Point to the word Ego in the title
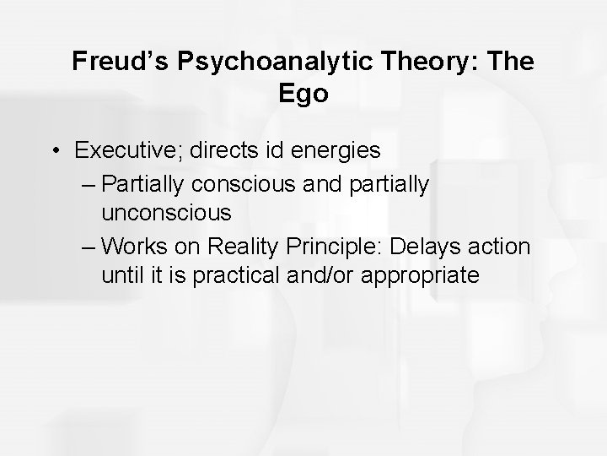pyautogui.click(x=303, y=93)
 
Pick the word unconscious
pyautogui.click(x=166, y=214)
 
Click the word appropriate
pyautogui.click(x=419, y=277)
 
